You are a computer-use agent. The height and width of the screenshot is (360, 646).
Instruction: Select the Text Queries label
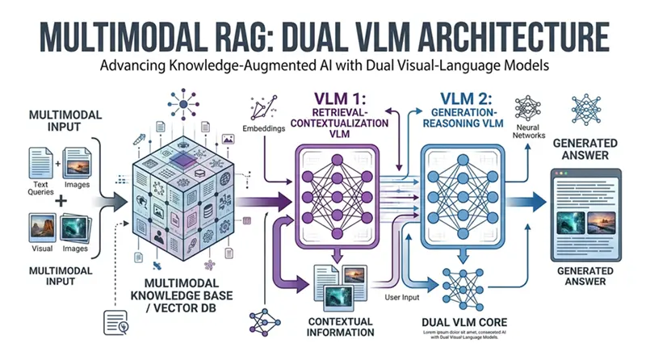pyautogui.click(x=41, y=186)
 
